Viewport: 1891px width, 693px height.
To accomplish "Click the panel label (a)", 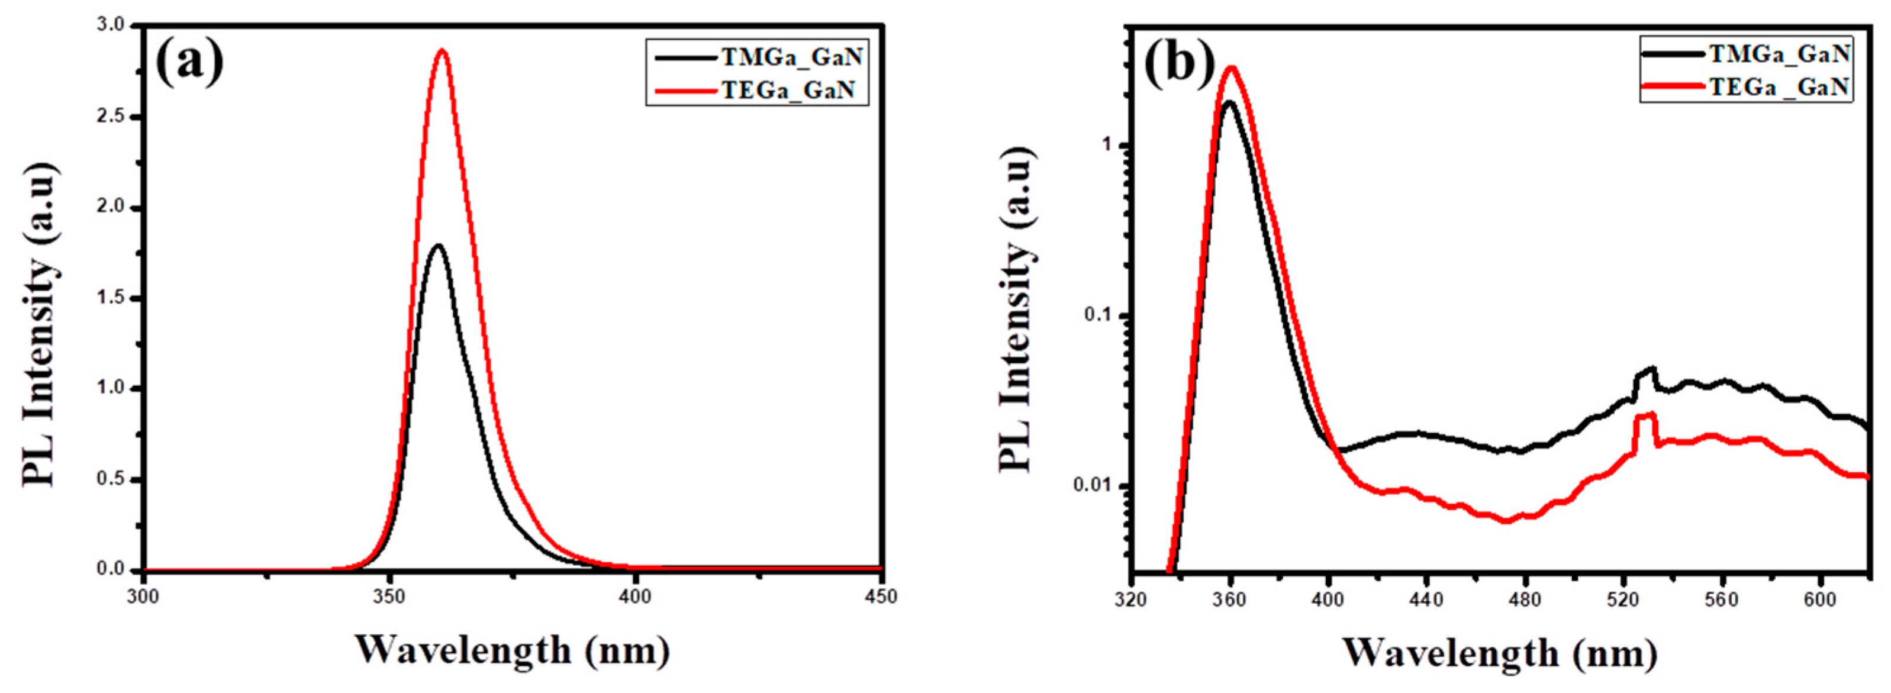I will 189,62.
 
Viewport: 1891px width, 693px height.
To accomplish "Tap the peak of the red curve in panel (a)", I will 442,51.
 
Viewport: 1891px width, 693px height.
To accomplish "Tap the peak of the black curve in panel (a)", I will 438,245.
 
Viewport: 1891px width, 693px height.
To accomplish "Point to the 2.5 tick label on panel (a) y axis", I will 112,117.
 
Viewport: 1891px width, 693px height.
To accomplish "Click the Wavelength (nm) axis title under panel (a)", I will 513,650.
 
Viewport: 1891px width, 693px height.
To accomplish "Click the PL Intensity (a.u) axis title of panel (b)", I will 1017,308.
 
